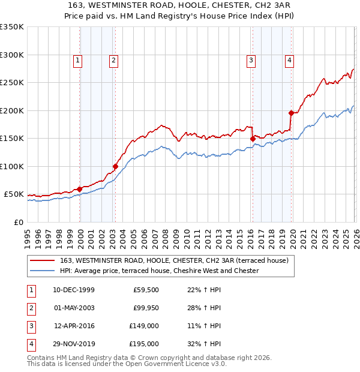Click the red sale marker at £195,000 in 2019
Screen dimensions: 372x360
click(291, 113)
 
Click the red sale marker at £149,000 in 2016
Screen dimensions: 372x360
click(253, 139)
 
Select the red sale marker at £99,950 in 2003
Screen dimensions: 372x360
click(115, 166)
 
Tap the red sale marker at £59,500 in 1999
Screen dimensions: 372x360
click(79, 189)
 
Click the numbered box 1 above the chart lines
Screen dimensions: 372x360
click(78, 59)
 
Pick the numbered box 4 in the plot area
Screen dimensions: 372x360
click(289, 59)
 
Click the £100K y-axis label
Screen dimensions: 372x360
click(11, 166)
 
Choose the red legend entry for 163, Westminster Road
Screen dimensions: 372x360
click(175, 260)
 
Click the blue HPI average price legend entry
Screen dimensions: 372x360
click(159, 271)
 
